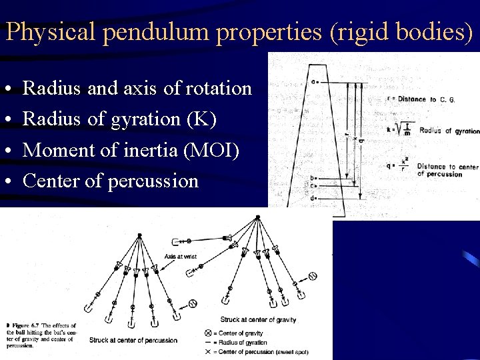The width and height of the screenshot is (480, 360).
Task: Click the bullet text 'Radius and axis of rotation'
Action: coord(137,88)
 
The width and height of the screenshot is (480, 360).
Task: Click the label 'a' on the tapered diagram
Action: coord(313,82)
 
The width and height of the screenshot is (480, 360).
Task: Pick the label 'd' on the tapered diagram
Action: coord(313,198)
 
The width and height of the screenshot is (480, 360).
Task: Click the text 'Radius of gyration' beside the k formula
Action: coord(449,131)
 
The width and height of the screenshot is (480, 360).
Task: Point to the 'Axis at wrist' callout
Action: coord(180,256)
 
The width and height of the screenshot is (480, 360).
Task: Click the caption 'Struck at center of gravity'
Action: coord(258,320)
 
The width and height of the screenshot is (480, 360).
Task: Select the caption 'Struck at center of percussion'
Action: coord(133,340)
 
